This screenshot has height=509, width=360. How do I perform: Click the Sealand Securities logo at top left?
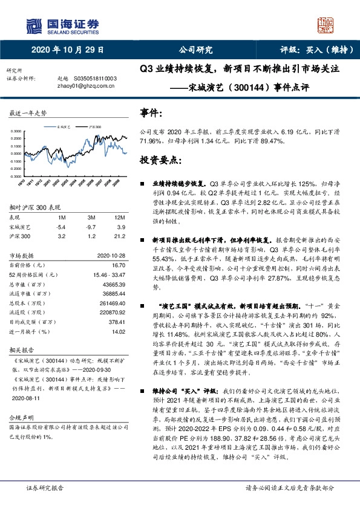[x=61, y=25]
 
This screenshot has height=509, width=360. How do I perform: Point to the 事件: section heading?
[x=151, y=112]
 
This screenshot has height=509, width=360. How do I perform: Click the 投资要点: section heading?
[x=161, y=160]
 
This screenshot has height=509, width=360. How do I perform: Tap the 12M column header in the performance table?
[x=119, y=217]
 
